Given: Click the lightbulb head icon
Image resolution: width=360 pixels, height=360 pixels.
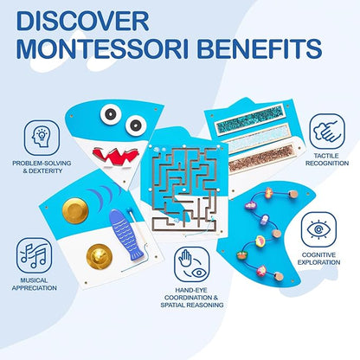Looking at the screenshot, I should [x=40, y=139].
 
